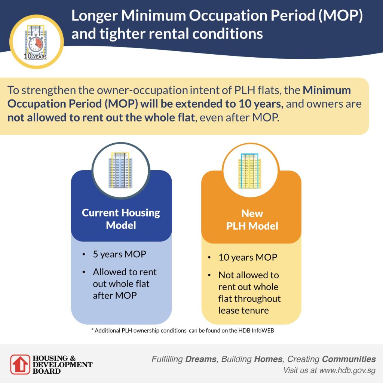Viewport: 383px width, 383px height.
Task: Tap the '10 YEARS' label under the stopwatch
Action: point(35,57)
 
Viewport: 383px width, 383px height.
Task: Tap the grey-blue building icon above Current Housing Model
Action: point(120,170)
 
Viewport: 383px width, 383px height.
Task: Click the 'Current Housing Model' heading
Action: point(121,219)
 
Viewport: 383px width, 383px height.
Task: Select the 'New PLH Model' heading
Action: point(252,220)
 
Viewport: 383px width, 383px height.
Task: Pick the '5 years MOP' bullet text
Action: point(119,254)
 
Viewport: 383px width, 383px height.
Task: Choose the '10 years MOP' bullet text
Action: point(248,257)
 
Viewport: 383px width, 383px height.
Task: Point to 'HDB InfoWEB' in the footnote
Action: point(258,331)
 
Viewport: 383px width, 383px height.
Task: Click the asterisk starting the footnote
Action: point(92,331)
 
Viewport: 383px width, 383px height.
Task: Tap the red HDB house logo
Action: point(20,364)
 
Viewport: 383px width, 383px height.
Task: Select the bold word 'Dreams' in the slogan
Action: point(201,359)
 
